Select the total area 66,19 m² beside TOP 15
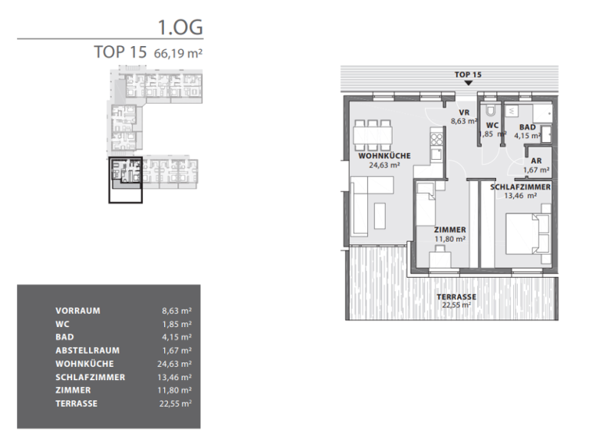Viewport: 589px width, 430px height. (179, 54)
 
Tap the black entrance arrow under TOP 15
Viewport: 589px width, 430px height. (468, 83)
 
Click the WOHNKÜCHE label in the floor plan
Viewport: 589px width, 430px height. (384, 156)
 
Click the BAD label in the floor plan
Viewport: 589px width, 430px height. (527, 127)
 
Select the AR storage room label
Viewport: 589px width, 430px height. (536, 160)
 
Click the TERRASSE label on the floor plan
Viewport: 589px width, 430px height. (456, 296)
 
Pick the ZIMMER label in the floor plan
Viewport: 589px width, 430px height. (449, 230)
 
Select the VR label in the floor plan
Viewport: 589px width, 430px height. (463, 112)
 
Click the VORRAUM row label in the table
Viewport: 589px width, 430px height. (78, 311)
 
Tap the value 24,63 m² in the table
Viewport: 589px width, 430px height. (176, 363)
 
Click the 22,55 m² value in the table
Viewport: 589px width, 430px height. (176, 402)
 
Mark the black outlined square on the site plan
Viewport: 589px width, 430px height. (125, 180)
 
